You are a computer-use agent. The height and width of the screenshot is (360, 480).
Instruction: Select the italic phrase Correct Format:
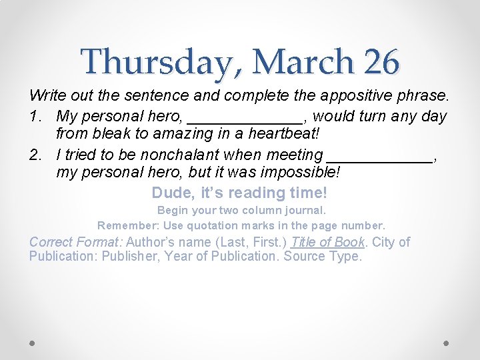(75, 242)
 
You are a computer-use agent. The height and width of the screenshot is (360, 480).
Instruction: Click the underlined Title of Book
(327, 242)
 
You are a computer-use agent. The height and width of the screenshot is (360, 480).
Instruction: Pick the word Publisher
(133, 257)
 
